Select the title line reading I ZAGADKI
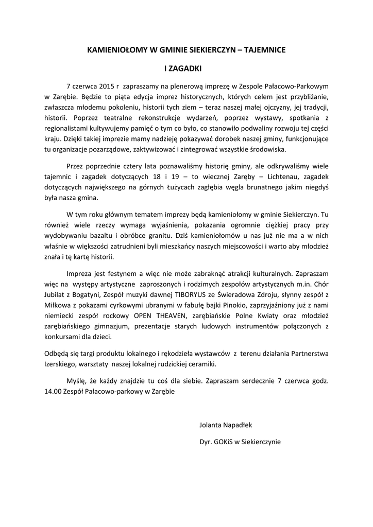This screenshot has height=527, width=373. (x=186, y=67)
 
